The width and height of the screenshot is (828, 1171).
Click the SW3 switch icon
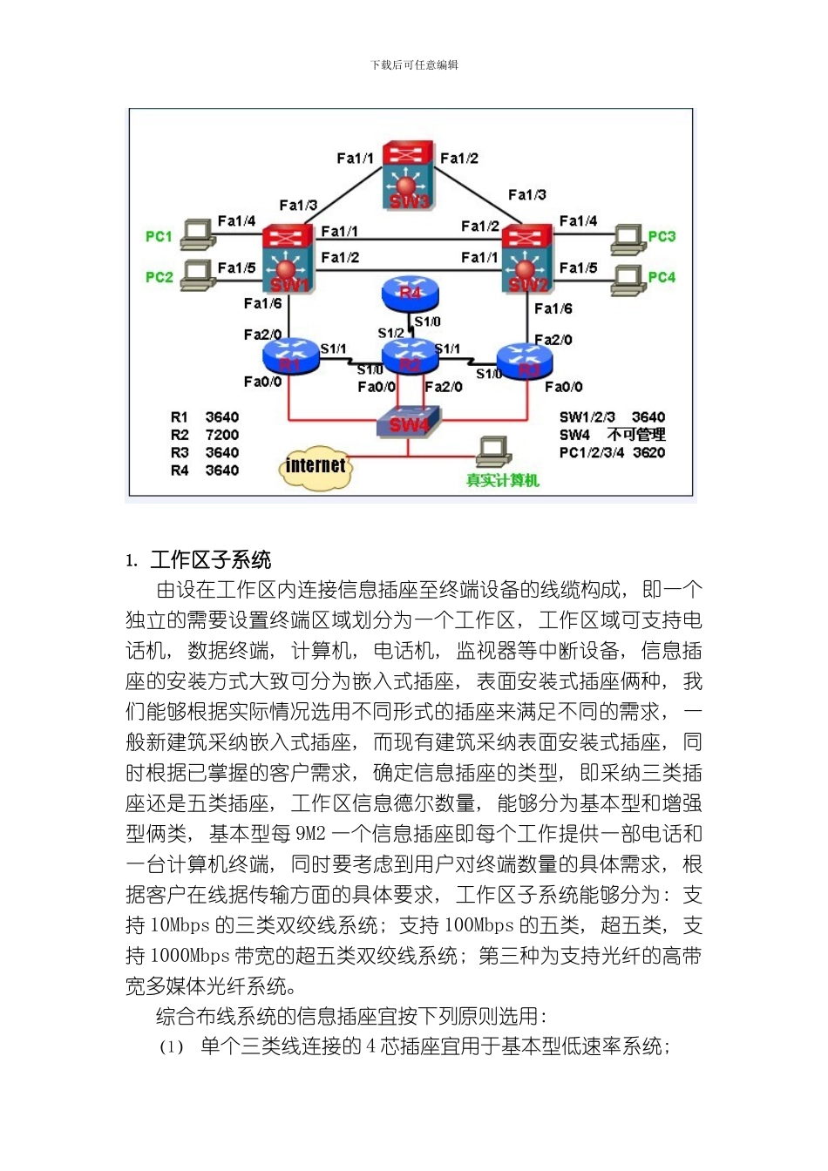(x=408, y=175)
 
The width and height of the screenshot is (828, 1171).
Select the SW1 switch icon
(x=288, y=260)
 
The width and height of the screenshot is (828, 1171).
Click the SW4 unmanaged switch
(x=408, y=423)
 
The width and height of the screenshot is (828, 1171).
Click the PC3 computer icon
(x=628, y=236)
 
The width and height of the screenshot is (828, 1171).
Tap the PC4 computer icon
(x=628, y=277)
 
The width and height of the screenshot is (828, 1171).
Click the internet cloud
(x=315, y=466)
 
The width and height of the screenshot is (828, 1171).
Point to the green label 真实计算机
(x=502, y=480)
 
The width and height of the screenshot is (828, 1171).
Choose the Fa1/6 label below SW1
(x=262, y=303)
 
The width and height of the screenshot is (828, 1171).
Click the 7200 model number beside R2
(x=221, y=435)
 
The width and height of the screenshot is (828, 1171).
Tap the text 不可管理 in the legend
(x=636, y=435)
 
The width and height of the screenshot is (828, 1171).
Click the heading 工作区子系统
(x=211, y=560)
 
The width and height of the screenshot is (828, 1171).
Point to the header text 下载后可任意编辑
(x=414, y=65)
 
